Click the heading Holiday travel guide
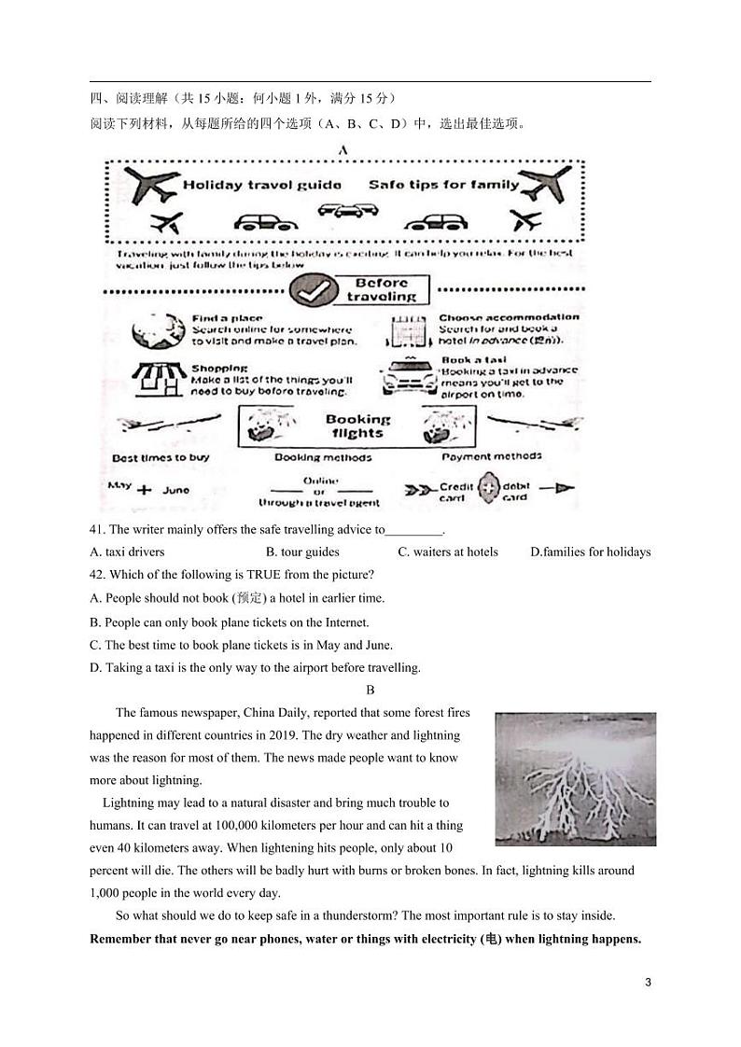pyautogui.click(x=248, y=185)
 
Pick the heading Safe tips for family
pyautogui.click(x=443, y=185)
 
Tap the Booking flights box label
pyautogui.click(x=358, y=426)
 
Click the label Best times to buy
pyautogui.click(x=161, y=458)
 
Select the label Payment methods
pyautogui.click(x=491, y=456)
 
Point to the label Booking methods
pyautogui.click(x=323, y=458)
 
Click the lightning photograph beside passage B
pyautogui.click(x=575, y=779)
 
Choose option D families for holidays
pyautogui.click(x=590, y=552)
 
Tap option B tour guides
pyautogui.click(x=302, y=552)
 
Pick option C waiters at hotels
pyautogui.click(x=448, y=552)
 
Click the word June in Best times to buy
pyautogui.click(x=175, y=489)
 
